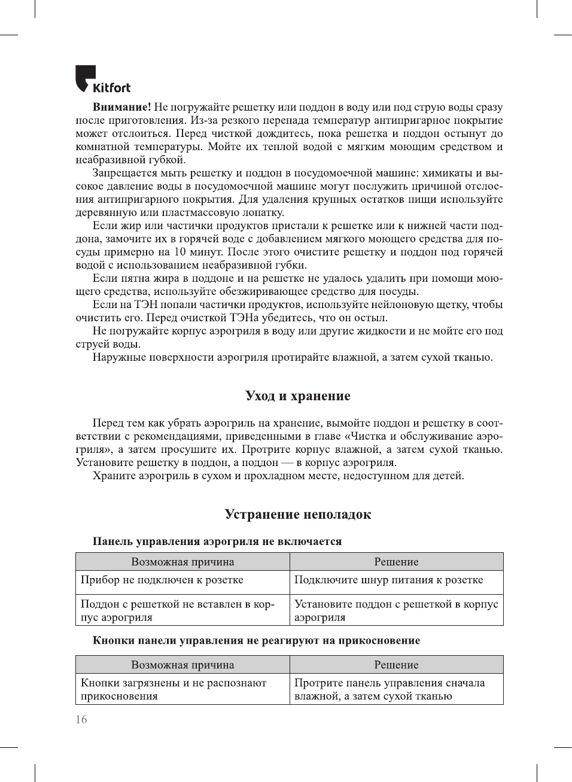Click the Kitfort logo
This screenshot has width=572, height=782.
click(102, 80)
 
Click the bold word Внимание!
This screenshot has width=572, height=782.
click(121, 107)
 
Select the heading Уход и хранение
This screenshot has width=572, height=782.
click(297, 395)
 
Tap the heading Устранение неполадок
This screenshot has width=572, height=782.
click(297, 514)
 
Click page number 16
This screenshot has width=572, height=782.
click(81, 719)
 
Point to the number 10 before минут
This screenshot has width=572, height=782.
click(179, 252)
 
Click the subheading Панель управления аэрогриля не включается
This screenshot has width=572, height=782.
click(217, 541)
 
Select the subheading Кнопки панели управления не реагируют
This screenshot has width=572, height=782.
click(255, 640)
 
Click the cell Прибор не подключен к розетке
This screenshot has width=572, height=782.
click(162, 580)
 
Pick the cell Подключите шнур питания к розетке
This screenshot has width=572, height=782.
click(388, 580)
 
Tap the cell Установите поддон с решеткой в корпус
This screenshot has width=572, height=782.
click(395, 610)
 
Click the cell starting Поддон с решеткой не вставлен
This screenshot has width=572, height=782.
click(177, 610)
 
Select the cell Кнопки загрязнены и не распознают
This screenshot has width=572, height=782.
click(174, 689)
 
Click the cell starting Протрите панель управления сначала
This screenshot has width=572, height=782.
click(390, 689)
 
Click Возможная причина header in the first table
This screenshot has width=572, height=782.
click(182, 562)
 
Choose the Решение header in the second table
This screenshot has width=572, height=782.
click(396, 665)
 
